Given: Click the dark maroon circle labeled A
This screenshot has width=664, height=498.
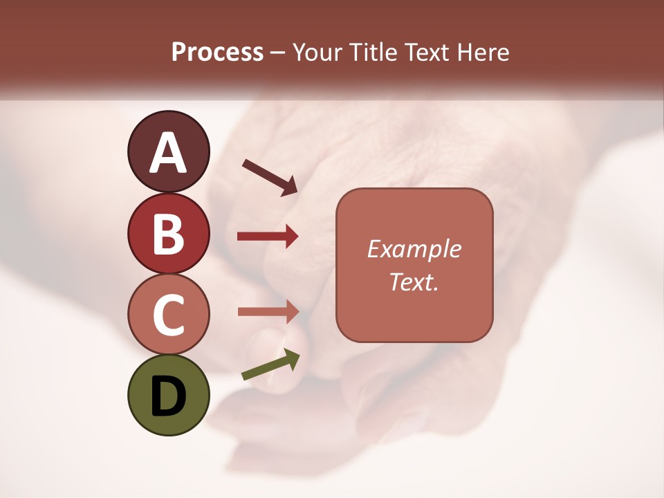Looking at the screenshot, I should (168, 151).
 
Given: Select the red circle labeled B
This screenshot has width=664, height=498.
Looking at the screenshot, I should (168, 233).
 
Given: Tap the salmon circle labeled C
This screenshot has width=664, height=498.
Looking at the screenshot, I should (168, 314).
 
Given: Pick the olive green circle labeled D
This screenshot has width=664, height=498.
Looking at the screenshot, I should (168, 395).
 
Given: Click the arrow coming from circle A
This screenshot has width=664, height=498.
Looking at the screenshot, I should (270, 176).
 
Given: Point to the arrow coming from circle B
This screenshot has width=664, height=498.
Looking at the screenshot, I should (268, 237).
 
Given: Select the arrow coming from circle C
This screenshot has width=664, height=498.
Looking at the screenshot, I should (268, 311).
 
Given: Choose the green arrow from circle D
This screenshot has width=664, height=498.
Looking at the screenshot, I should (271, 365).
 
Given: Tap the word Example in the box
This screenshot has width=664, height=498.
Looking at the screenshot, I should (414, 249).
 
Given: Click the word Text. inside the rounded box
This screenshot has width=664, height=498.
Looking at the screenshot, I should (414, 282).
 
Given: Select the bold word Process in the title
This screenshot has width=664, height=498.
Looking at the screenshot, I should (217, 52).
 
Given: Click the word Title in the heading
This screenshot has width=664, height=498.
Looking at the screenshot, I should (372, 52).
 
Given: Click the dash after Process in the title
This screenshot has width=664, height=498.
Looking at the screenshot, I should (278, 53).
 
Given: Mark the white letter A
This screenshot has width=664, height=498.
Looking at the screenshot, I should (168, 152).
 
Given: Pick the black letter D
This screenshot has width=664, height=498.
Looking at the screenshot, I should (168, 396).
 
